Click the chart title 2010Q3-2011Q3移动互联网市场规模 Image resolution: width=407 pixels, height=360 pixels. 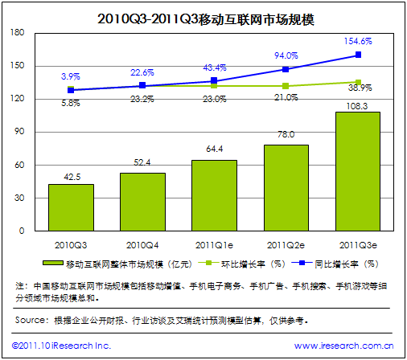(x=203, y=15)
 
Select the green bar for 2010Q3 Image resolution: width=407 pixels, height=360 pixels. (x=71, y=208)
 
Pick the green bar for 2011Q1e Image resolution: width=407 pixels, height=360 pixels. (x=214, y=196)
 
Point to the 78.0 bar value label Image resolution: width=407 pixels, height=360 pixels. (x=286, y=135)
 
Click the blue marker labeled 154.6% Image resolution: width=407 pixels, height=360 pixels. (x=358, y=55)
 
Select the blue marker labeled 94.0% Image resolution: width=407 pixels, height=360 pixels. (x=286, y=69)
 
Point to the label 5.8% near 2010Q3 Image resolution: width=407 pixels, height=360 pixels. (x=71, y=103)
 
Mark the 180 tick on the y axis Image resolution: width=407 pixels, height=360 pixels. (x=18, y=32)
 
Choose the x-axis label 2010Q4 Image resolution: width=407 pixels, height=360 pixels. (x=142, y=242)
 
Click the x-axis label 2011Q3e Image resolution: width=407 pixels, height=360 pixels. (x=357, y=242)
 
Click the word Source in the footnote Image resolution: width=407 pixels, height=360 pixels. (x=31, y=321)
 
